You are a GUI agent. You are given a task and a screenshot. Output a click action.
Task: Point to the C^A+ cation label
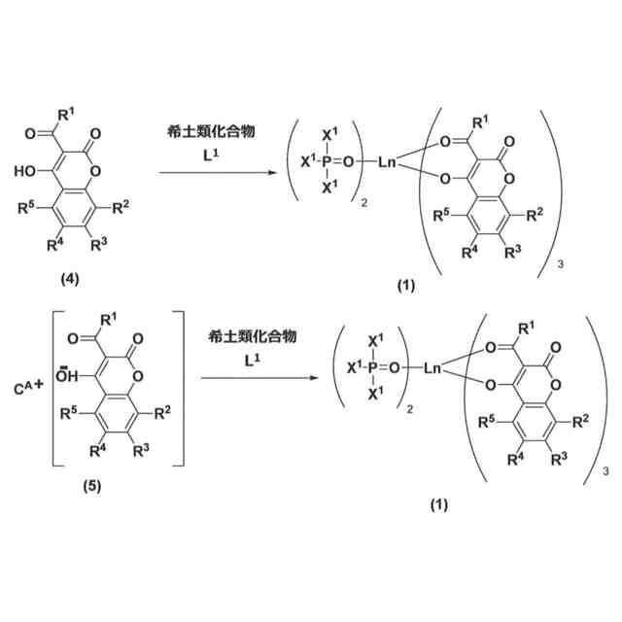click(x=28, y=391)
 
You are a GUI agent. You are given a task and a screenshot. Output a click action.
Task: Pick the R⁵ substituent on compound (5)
click(x=74, y=414)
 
